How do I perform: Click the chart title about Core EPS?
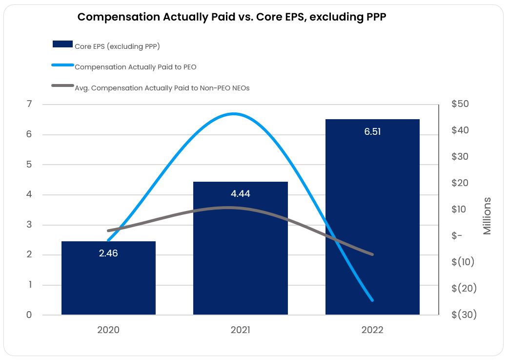click(x=232, y=17)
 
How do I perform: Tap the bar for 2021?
click(x=240, y=254)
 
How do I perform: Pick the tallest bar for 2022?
click(x=372, y=220)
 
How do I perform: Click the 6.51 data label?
click(x=372, y=132)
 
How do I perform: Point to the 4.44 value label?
click(x=240, y=194)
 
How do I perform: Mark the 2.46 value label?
click(x=108, y=254)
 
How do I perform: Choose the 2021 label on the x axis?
click(x=240, y=330)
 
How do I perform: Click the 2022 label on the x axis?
click(x=372, y=330)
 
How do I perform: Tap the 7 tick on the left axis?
click(x=29, y=104)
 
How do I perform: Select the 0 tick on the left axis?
click(x=29, y=315)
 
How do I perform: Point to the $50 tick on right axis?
click(x=461, y=104)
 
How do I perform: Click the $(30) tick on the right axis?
click(x=464, y=315)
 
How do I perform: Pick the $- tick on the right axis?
click(x=457, y=236)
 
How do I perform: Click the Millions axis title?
click(x=487, y=216)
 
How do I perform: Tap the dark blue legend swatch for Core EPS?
click(x=62, y=44)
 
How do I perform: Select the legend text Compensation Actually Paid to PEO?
click(x=136, y=67)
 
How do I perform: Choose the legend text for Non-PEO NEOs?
click(x=162, y=88)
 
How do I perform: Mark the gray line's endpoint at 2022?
click(x=372, y=254)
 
